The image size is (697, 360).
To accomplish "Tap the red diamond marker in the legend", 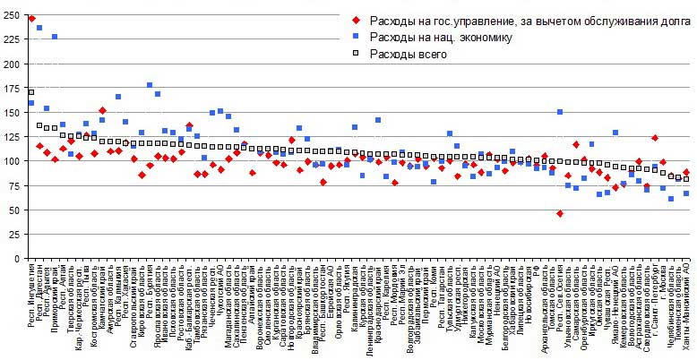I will (x=358, y=21).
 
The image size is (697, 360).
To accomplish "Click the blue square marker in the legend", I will (x=358, y=38).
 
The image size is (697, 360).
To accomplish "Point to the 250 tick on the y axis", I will (x=11, y=15).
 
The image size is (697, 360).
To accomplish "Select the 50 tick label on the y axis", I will (x=13, y=210).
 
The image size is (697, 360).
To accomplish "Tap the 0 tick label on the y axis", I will (x=16, y=259).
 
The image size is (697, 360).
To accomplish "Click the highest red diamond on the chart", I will (x=31, y=18).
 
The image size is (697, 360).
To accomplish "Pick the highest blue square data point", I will (x=39, y=29).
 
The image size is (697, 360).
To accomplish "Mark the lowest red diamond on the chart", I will (x=560, y=214).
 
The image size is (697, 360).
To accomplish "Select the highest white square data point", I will (x=31, y=91).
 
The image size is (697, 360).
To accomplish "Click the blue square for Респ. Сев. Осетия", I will (x=560, y=113).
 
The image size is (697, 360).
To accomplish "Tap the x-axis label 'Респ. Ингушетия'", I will (x=32, y=296).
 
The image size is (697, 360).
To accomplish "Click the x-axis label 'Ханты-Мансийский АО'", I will (x=685, y=304).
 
